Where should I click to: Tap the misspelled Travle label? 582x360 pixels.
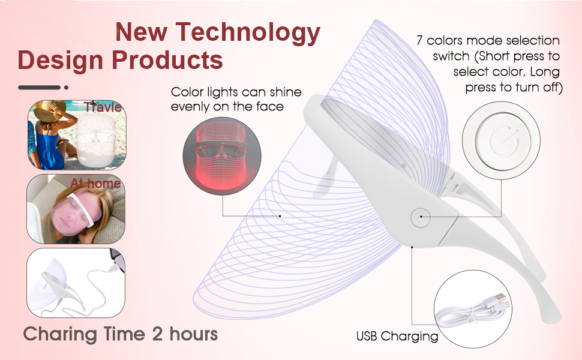click(103, 107)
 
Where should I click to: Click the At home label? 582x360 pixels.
click(95, 183)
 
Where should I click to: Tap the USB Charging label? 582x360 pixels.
click(397, 337)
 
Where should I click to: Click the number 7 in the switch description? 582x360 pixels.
click(420, 41)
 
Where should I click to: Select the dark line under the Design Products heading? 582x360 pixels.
click(40, 88)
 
